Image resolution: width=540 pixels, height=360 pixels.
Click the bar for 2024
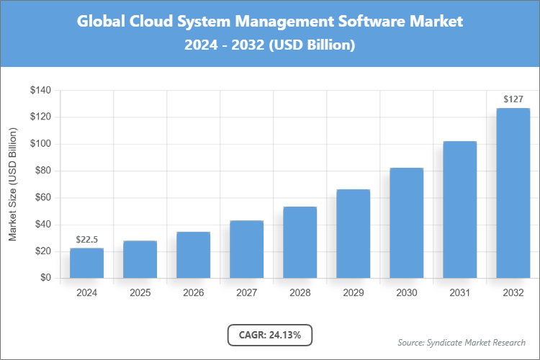[x=86, y=263]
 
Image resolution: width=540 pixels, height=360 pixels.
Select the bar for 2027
[x=246, y=249]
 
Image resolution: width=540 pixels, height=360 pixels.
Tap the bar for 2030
[x=406, y=222]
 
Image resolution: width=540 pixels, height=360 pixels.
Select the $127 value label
[x=513, y=99]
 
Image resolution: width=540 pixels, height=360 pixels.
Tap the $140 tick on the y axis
[x=40, y=91]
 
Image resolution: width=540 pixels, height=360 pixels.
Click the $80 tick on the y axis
[x=42, y=171]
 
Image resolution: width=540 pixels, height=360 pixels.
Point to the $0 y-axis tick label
[x=45, y=279]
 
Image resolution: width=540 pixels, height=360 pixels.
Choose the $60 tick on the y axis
[x=42, y=198]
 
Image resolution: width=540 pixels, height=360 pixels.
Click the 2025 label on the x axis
[x=140, y=293]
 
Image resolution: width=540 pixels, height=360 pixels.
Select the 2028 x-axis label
[x=300, y=293]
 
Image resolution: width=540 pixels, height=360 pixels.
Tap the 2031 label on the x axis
[x=459, y=293]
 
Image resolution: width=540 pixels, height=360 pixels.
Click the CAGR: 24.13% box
[x=270, y=335]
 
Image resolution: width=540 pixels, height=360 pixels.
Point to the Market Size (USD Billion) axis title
[x=13, y=184]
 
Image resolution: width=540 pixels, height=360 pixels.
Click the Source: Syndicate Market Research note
[x=462, y=342]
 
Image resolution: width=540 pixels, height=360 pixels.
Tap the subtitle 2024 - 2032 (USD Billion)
[x=270, y=45]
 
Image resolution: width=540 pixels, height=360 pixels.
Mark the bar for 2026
[x=193, y=255]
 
